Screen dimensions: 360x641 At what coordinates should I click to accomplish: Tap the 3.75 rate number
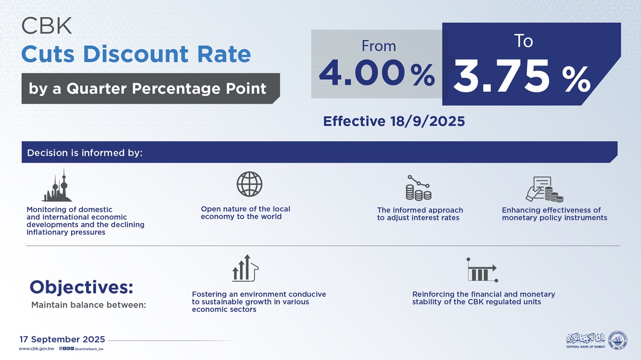(501, 77)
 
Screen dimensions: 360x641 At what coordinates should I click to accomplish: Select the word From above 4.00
(378, 46)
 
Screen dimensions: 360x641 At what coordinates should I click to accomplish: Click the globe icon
(249, 184)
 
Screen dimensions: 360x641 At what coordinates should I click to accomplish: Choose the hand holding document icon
(544, 189)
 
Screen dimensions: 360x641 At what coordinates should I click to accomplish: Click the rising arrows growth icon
(245, 268)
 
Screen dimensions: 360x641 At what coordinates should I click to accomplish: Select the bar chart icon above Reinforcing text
(482, 270)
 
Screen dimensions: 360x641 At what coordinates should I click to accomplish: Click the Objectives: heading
(81, 287)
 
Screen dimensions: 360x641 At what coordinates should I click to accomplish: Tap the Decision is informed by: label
(85, 153)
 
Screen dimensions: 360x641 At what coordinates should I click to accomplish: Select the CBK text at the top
(47, 26)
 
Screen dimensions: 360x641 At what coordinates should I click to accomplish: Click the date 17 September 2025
(62, 339)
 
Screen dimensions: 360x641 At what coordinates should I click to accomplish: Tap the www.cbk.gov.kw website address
(36, 349)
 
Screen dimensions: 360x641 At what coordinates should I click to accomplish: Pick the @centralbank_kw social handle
(89, 349)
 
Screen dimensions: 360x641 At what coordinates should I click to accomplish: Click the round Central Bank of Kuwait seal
(617, 340)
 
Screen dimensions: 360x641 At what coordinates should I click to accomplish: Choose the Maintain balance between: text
(88, 305)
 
